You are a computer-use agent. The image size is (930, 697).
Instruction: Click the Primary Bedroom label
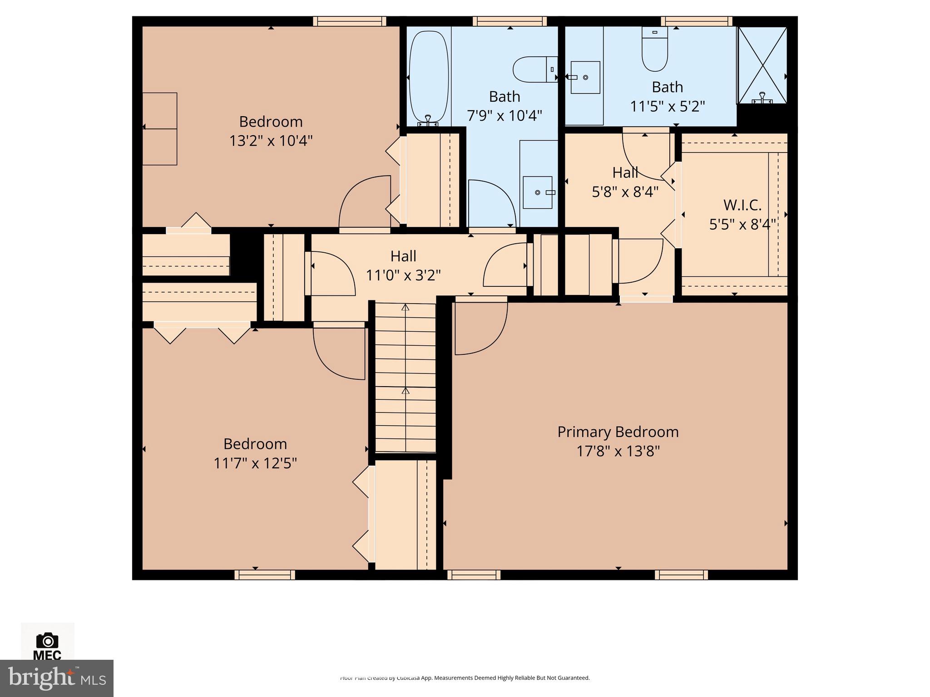point(618,432)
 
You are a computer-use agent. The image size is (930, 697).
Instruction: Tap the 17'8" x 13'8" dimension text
point(618,452)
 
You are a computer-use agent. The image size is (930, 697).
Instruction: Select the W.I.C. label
point(742,205)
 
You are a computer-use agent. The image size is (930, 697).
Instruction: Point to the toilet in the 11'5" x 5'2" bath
point(654,49)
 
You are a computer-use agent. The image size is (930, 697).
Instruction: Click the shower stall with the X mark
point(762,65)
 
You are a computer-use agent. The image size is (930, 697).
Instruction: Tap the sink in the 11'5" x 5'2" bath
point(585,78)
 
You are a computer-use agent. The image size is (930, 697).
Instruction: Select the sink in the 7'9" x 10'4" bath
point(538,192)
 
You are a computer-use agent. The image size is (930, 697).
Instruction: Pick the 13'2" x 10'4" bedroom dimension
point(271,141)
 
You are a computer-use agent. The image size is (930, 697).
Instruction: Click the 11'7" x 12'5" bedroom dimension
point(255,463)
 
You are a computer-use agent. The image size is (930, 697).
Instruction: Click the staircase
point(405,377)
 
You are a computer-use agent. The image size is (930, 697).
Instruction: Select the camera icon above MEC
point(47,641)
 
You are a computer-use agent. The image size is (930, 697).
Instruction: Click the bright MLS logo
point(56,678)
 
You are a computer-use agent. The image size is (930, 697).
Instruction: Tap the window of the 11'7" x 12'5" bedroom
point(265,575)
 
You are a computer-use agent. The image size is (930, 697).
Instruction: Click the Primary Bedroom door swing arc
point(481,329)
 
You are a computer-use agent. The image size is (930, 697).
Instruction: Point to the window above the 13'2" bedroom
point(349,21)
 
